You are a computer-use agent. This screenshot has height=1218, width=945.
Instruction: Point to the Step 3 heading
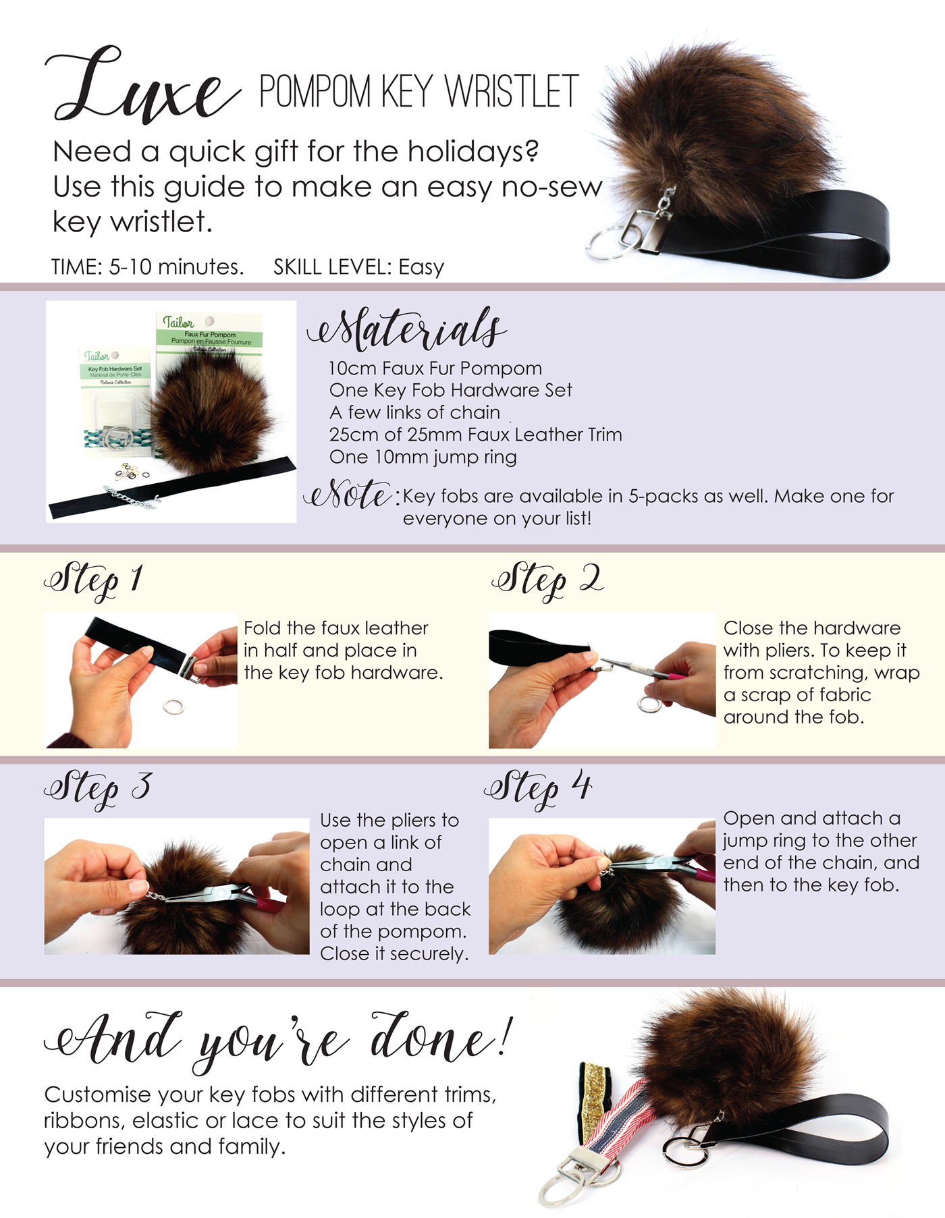(x=98, y=788)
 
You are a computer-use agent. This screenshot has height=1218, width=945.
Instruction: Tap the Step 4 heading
(x=538, y=788)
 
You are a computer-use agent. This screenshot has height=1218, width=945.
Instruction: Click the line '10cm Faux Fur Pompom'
(x=435, y=368)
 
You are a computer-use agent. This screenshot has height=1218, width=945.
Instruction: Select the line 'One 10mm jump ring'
(x=423, y=458)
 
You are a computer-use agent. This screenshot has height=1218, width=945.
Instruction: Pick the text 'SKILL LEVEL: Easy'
(x=359, y=267)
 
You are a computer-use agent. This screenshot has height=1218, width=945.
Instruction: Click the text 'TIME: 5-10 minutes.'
(x=148, y=267)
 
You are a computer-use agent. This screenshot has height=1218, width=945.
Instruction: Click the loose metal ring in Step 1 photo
(x=174, y=707)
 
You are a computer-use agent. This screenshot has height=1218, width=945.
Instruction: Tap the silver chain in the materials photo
(x=130, y=497)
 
